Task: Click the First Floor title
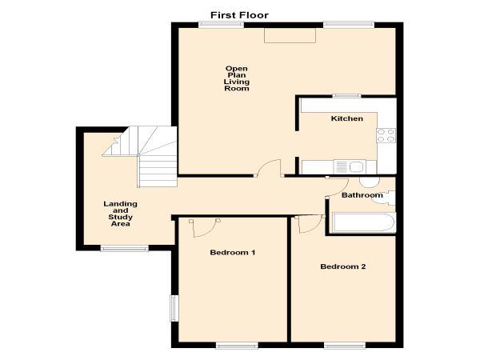(x=239, y=15)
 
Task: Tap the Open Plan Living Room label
(x=237, y=78)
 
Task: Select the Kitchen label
(x=347, y=118)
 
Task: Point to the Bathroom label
(x=362, y=195)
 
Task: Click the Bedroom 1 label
(x=232, y=252)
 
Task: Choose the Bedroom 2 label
(x=343, y=266)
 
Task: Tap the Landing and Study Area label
(x=120, y=214)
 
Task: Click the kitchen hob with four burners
(x=386, y=135)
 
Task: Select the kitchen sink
(x=349, y=167)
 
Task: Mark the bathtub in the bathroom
(x=364, y=222)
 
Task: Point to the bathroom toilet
(x=370, y=182)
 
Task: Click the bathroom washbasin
(x=385, y=198)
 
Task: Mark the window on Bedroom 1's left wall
(x=174, y=308)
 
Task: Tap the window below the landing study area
(x=125, y=248)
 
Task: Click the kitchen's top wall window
(x=347, y=96)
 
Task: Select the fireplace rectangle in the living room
(x=290, y=36)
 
